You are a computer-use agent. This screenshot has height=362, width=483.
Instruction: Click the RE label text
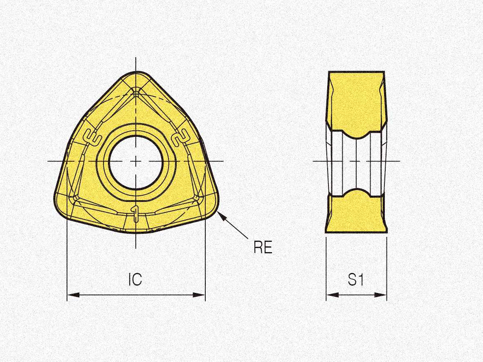point(263,247)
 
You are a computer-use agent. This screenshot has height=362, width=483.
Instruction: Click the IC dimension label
point(135,279)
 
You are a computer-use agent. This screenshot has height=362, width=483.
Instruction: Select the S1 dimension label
point(356,279)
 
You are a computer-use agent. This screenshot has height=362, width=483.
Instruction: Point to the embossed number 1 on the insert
point(135,213)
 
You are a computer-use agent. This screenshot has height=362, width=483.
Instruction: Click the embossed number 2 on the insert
point(180,137)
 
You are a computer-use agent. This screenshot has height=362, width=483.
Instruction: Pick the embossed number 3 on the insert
point(92,137)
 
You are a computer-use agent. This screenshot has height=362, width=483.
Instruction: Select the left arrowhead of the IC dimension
point(73,295)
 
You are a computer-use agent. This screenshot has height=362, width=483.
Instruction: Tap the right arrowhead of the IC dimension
point(199,295)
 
